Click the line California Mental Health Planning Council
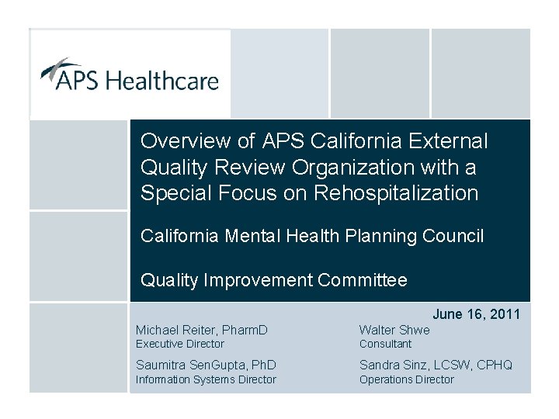[x=312, y=236]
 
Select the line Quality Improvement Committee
[x=273, y=280]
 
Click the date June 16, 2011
[x=476, y=314]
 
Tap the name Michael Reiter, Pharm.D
[x=202, y=331]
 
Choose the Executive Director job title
[x=180, y=344]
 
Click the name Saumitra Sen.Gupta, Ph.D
[x=207, y=365]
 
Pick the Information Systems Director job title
[x=206, y=379]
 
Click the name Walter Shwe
[x=394, y=331]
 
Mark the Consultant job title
[x=385, y=344]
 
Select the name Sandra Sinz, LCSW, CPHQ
[x=436, y=365]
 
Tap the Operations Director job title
[x=406, y=379]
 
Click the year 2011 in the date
[x=505, y=314]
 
